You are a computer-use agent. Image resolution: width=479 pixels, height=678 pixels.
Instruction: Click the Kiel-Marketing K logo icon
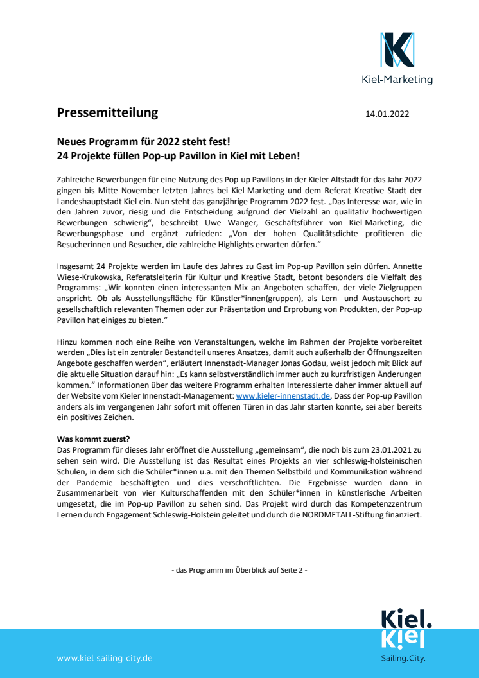click(x=397, y=50)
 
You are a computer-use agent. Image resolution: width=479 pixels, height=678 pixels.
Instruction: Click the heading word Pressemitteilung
click(x=107, y=113)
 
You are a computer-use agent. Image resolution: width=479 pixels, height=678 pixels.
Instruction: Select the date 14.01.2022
click(x=387, y=114)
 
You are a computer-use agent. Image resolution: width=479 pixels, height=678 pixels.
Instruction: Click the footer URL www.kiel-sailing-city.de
click(x=105, y=658)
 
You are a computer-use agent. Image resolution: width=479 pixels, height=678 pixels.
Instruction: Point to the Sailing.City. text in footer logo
click(x=403, y=658)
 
